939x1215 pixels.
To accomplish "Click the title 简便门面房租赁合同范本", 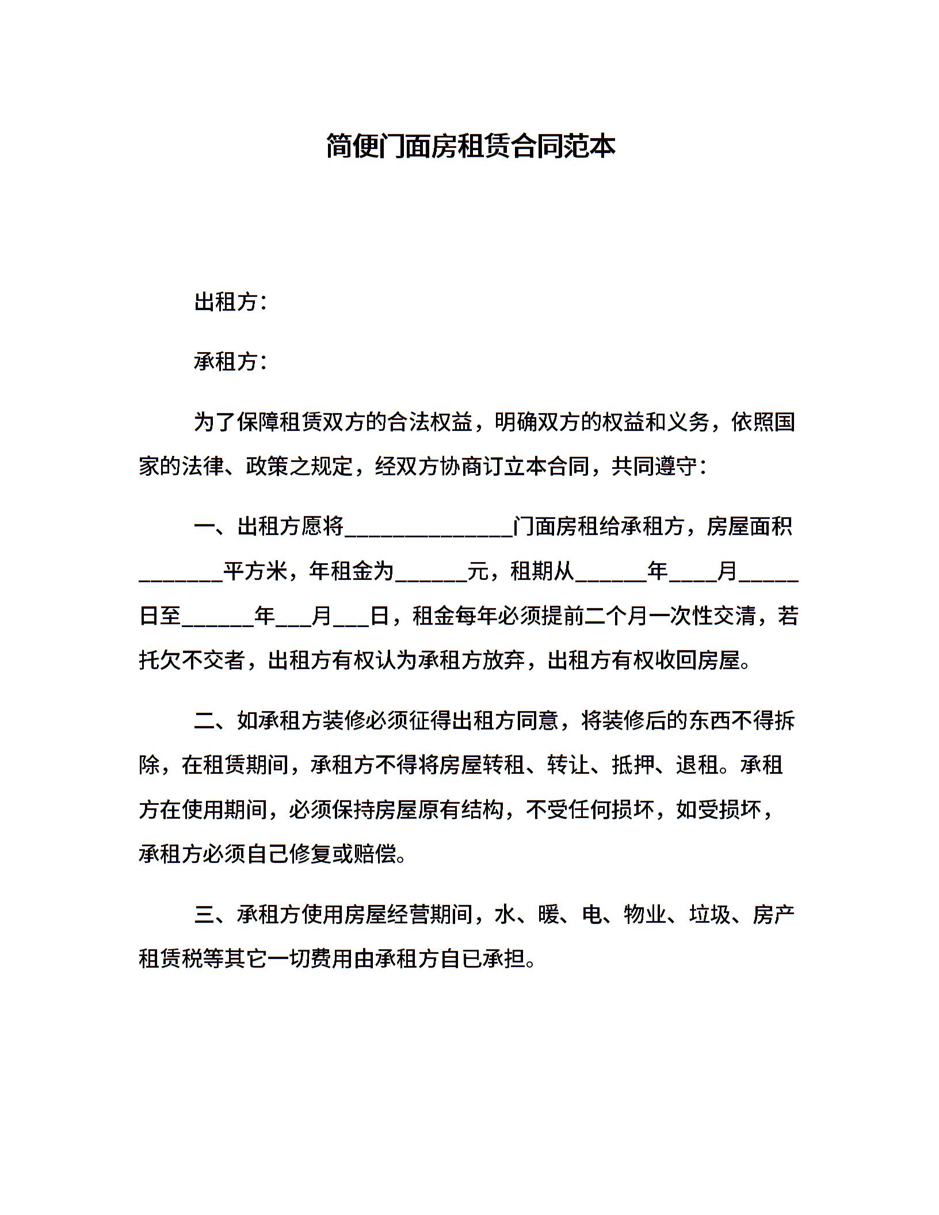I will [x=470, y=146].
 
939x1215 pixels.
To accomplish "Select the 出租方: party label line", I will [x=231, y=301].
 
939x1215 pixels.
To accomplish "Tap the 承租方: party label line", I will [x=231, y=362].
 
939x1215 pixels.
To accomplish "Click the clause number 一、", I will [x=215, y=526].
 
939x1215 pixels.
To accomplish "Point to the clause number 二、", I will [x=215, y=720].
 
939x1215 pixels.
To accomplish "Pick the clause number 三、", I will [x=215, y=914].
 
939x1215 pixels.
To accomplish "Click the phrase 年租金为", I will [x=352, y=571].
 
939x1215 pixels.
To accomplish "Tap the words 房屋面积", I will [x=750, y=526].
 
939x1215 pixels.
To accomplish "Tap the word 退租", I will [x=697, y=765].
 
